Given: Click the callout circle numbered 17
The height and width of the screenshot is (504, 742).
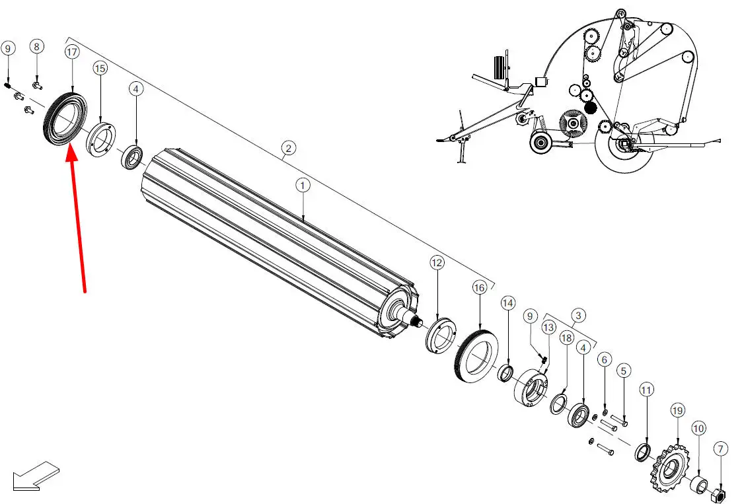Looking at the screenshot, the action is click(x=72, y=52).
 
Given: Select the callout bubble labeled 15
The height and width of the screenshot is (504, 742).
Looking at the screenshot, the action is click(x=100, y=69).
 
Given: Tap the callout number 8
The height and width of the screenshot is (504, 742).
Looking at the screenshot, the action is click(x=36, y=46).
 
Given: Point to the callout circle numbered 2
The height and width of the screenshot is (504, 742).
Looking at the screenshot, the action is click(x=289, y=148).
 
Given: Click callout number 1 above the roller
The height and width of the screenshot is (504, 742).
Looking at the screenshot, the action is click(x=303, y=185).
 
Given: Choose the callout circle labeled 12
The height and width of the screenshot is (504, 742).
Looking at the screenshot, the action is click(x=437, y=263).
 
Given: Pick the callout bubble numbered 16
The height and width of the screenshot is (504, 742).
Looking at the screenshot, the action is click(x=480, y=287).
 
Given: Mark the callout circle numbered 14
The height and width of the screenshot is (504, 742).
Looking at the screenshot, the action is click(x=507, y=303).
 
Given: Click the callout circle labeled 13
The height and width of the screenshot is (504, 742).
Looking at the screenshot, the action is click(x=548, y=327).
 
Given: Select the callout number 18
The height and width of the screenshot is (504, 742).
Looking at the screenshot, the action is click(x=566, y=338).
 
